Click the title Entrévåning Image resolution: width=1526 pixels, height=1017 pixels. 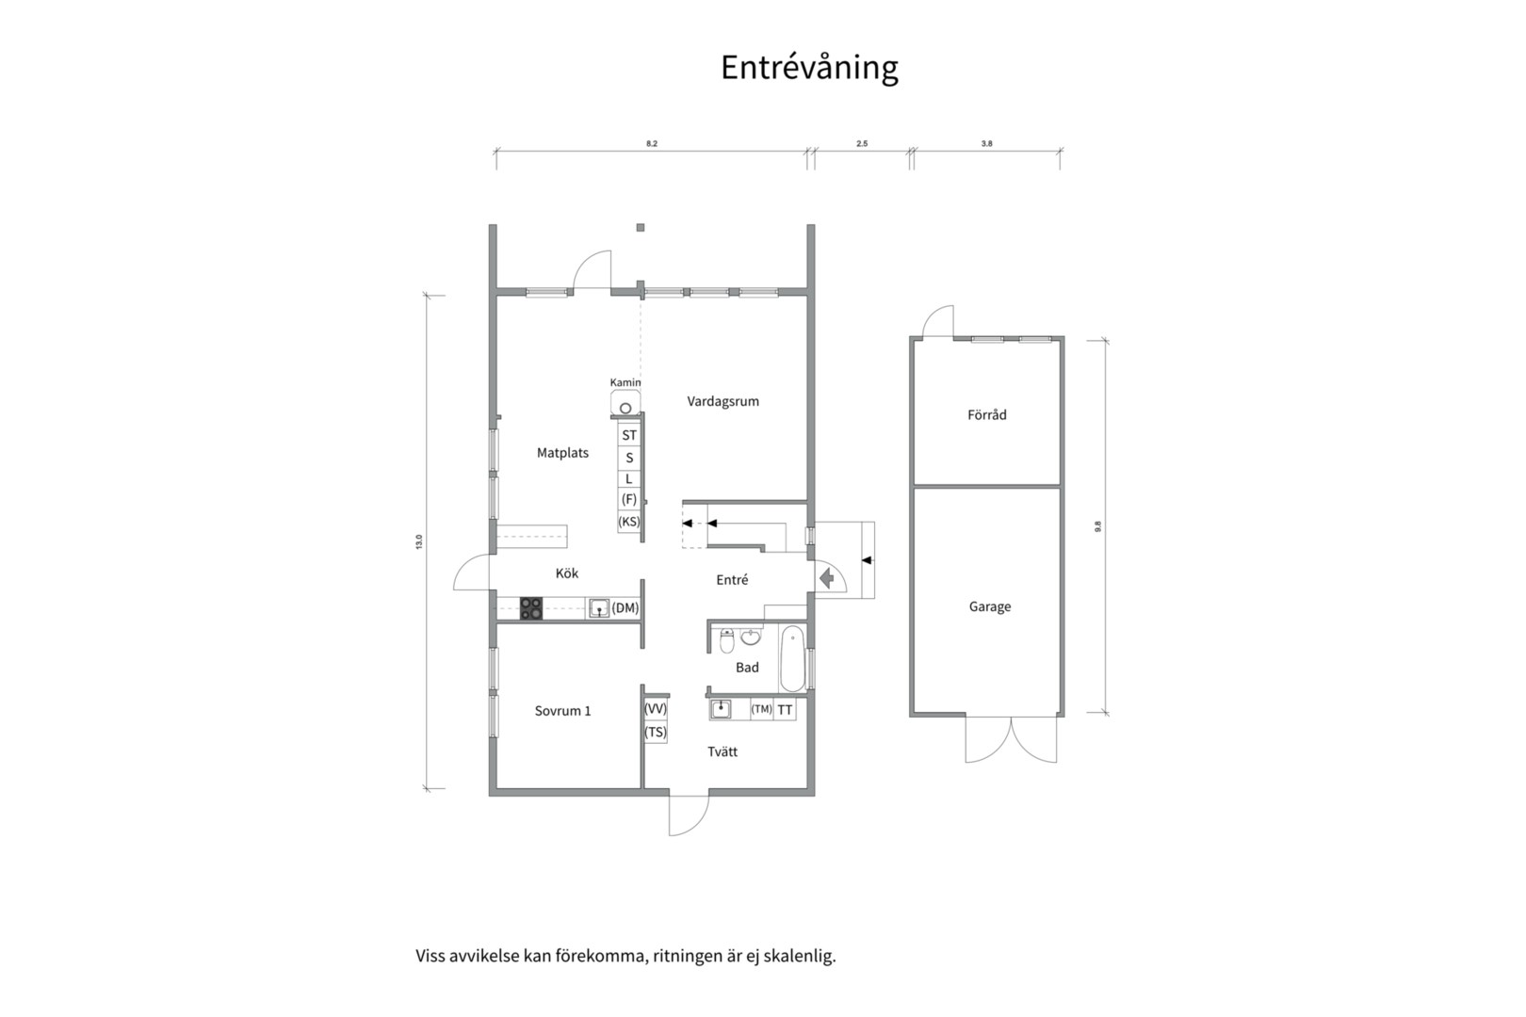click(809, 68)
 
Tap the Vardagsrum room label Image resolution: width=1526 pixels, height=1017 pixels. click(722, 401)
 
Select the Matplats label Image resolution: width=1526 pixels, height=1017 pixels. click(562, 453)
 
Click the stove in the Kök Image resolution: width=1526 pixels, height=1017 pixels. click(531, 608)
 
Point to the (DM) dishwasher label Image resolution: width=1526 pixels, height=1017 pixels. click(625, 608)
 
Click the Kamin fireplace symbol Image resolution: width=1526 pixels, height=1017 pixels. click(625, 408)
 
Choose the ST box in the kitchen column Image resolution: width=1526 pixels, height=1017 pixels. click(629, 435)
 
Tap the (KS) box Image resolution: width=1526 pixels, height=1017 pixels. click(629, 522)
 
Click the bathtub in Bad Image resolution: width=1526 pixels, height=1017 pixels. click(792, 658)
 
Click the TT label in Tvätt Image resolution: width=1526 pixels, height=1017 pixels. click(785, 710)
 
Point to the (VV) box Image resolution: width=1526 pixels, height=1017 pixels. click(656, 709)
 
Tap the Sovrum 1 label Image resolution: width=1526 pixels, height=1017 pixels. click(562, 711)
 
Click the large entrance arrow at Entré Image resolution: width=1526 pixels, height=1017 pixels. click(827, 577)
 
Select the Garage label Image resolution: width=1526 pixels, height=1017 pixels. click(989, 607)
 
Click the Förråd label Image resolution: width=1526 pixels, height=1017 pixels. click(986, 415)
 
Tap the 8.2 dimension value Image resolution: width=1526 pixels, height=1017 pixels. click(651, 144)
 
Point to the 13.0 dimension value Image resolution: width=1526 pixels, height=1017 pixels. click(419, 542)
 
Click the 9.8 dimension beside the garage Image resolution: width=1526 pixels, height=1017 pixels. click(1097, 527)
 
